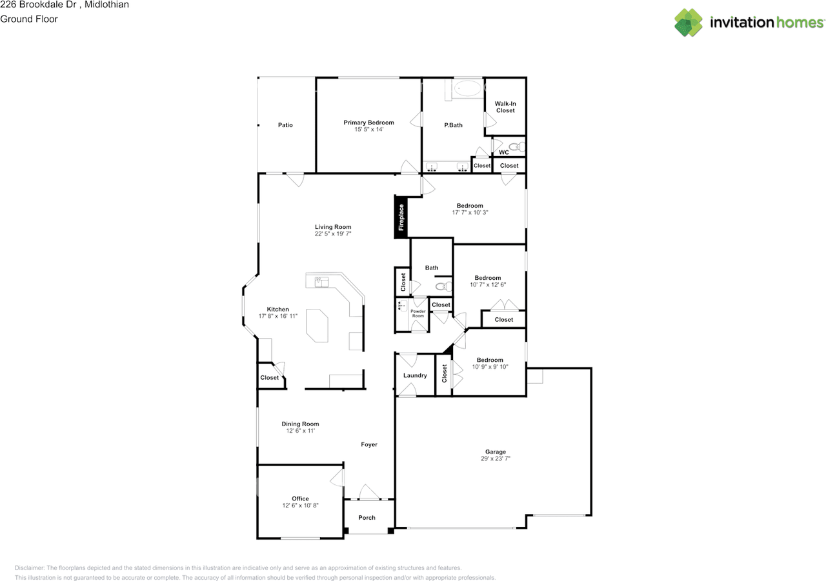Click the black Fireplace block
[x=401, y=217]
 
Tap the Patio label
[x=285, y=125]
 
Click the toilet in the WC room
[x=517, y=147]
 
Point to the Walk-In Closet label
[x=505, y=107]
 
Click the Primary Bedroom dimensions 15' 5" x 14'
[x=368, y=130]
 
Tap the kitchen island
[x=317, y=325]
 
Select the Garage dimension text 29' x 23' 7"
[x=495, y=458]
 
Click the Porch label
[x=367, y=518]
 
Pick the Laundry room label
[x=415, y=375]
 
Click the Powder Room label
[x=418, y=313]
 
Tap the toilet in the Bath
[x=443, y=286]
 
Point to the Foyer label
[x=368, y=445]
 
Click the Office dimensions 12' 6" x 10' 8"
[x=300, y=506]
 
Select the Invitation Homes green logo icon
[x=689, y=23]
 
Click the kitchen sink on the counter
[x=321, y=282]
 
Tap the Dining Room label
[x=300, y=424]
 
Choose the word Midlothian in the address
[x=106, y=5]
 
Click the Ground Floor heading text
[x=29, y=19]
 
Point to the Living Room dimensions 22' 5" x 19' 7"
[x=332, y=234]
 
